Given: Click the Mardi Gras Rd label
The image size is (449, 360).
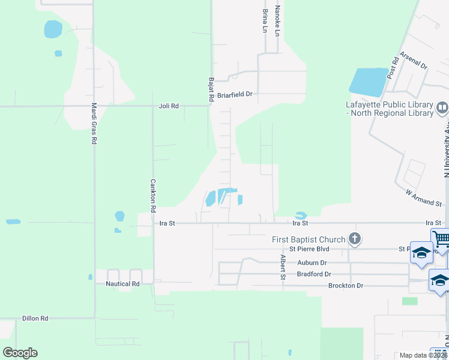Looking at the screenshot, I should pos(94,123).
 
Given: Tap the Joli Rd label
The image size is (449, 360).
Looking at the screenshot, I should pos(169,106).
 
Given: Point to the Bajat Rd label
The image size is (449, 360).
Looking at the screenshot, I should pos(211,89).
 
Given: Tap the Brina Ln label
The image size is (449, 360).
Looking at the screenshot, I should pos(265,20).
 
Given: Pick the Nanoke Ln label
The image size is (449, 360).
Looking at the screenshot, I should pos(277,20).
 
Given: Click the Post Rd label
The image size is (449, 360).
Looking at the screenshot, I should pos(393,68).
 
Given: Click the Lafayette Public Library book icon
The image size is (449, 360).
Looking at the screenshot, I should pos(442,108).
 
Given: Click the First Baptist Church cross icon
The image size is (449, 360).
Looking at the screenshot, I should pos(355,239).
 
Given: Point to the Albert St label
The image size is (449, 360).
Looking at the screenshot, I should pos(282,266).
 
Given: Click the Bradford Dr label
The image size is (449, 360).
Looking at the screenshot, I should pos(314,274).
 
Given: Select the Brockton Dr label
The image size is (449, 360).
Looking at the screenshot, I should pos(346,286).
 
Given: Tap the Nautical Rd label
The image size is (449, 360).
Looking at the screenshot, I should pos(122,283).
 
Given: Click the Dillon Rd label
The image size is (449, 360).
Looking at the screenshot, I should pos(35,318).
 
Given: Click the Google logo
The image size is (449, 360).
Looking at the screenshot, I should pos(20,353).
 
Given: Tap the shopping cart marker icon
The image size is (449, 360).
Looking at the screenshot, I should pos(441,239).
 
